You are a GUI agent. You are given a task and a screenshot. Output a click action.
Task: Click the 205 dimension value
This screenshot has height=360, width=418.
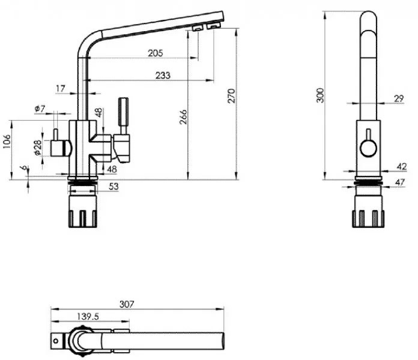tap(155, 53)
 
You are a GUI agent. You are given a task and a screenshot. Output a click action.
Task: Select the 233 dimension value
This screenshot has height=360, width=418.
tap(163, 76)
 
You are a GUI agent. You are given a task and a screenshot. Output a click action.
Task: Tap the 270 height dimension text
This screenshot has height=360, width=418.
tap(231, 96)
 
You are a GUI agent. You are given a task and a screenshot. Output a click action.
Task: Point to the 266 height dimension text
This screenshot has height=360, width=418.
tap(183, 116)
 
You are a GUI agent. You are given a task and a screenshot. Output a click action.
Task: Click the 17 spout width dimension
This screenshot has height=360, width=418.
tap(61, 88)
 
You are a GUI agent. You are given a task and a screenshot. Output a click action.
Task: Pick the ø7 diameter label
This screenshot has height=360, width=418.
tap(40, 109)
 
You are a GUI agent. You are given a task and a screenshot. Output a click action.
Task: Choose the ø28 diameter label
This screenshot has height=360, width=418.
tap(38, 148)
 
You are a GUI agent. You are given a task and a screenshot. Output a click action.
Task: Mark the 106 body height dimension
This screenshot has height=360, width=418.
tap(7, 142)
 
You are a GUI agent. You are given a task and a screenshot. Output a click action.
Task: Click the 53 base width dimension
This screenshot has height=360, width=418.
tap(114, 187)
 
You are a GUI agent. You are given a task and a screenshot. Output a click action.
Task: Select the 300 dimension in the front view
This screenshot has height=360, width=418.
tap(320, 95)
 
